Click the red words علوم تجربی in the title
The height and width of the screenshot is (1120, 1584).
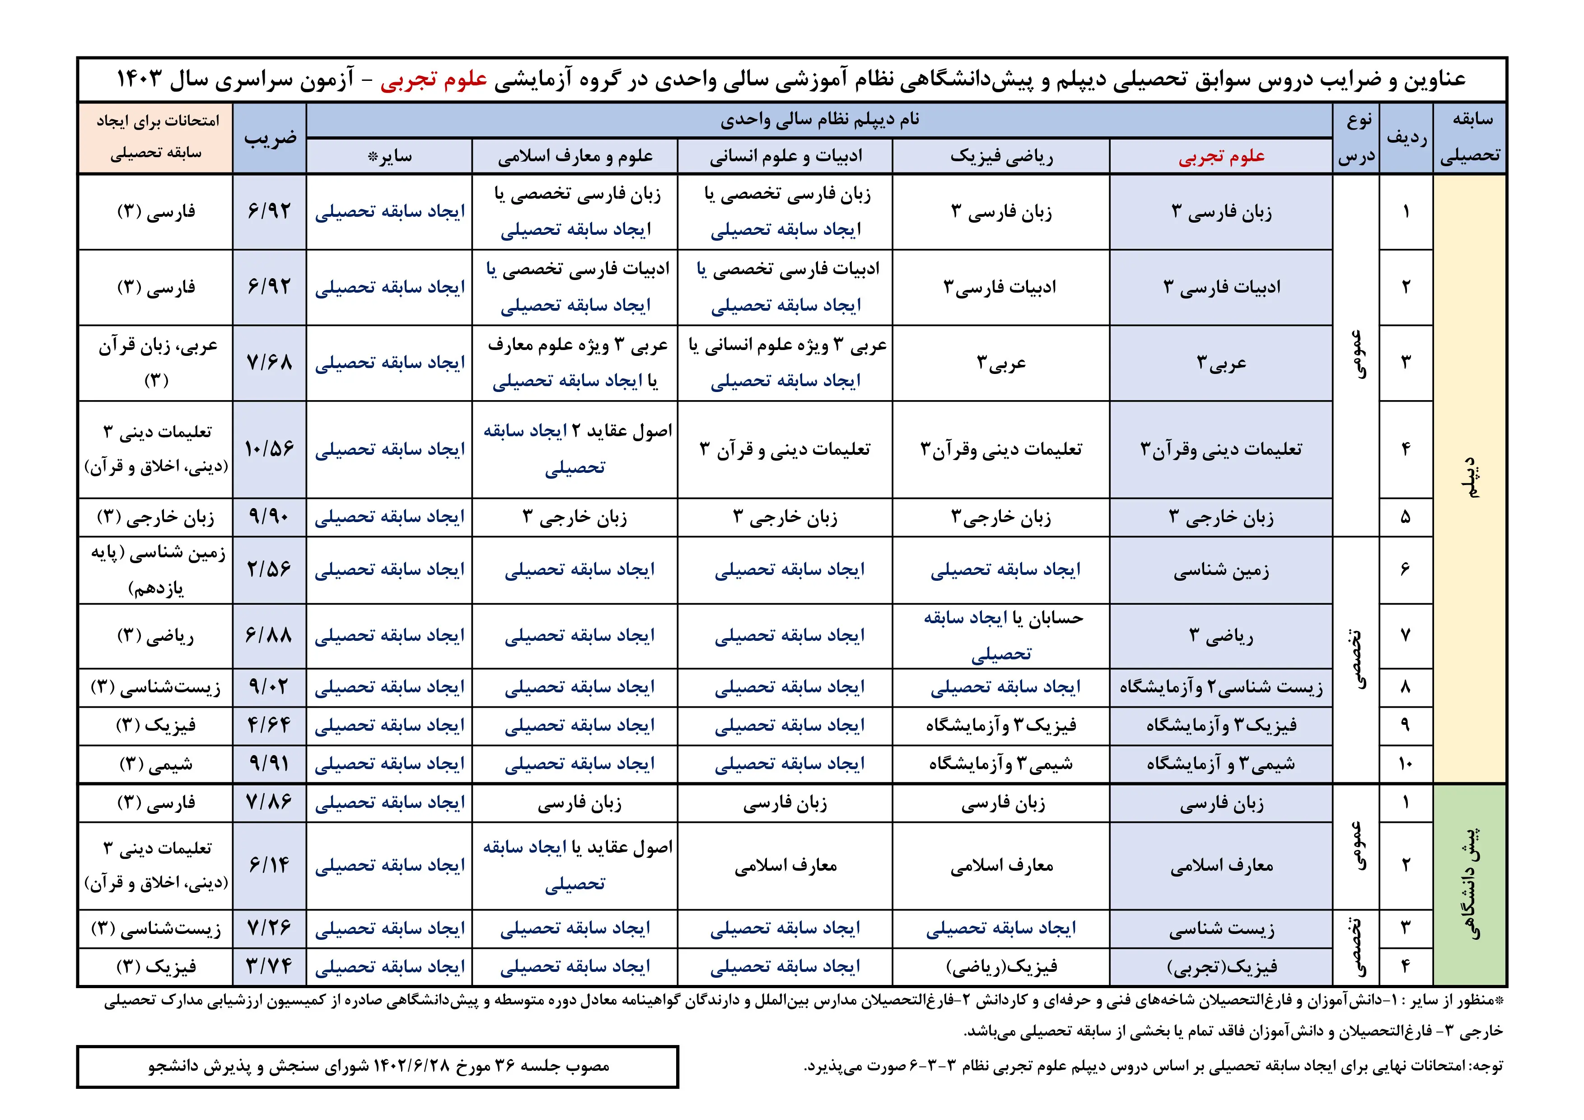click(x=435, y=79)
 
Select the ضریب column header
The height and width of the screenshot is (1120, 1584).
click(x=270, y=138)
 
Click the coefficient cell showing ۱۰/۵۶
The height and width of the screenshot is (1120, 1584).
click(x=270, y=449)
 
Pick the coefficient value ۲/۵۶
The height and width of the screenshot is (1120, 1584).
click(x=270, y=569)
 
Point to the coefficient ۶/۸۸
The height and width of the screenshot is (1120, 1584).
click(x=270, y=635)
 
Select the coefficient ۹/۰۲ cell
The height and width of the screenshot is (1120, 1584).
click(x=270, y=687)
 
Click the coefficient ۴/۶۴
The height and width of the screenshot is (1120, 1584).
click(x=270, y=726)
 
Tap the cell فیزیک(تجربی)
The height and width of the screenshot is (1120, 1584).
click(x=1221, y=967)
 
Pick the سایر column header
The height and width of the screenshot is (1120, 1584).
click(x=390, y=157)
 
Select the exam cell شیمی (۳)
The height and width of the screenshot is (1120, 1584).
click(x=156, y=764)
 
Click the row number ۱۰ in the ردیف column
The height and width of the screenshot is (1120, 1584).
click(x=1405, y=764)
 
